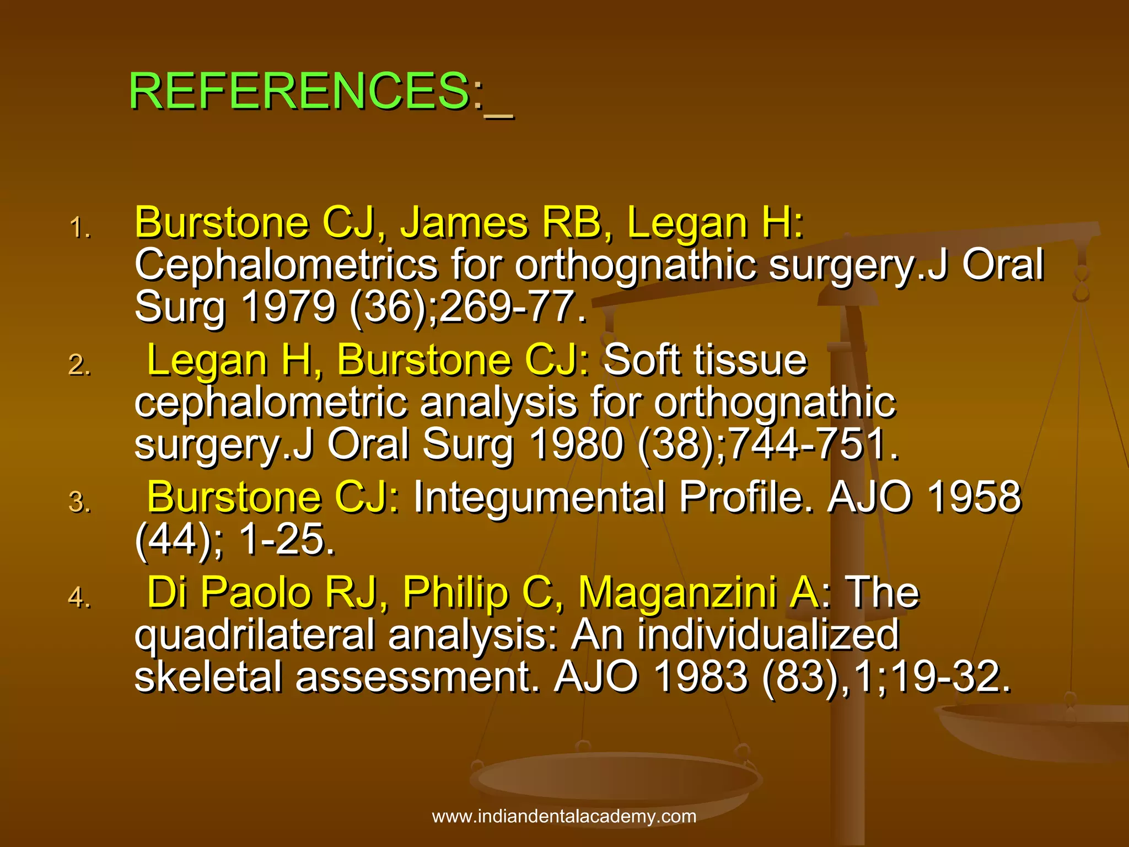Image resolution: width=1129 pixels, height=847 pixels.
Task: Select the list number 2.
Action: [80, 365]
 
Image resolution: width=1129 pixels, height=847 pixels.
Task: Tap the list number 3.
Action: [80, 502]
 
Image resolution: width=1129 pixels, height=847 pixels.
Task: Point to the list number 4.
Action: [80, 597]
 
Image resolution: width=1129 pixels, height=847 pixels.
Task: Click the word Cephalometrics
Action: [286, 265]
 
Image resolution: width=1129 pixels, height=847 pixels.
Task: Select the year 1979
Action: [288, 307]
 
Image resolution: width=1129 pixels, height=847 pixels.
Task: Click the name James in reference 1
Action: [464, 223]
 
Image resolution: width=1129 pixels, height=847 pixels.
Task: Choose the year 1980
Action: [576, 444]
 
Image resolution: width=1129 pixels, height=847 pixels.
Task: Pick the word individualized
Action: [768, 635]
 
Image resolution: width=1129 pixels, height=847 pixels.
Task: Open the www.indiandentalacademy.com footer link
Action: [564, 816]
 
